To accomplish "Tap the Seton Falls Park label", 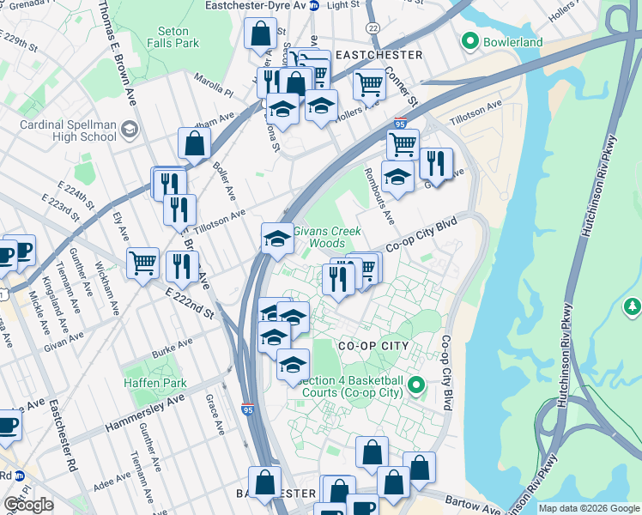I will click(x=173, y=37).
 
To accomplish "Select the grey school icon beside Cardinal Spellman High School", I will click(x=129, y=130).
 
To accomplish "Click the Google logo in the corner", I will click(x=28, y=505).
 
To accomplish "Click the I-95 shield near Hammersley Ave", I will click(x=247, y=410).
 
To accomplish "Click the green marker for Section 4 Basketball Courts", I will click(x=418, y=384).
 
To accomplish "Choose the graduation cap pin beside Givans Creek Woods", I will click(x=277, y=238).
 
